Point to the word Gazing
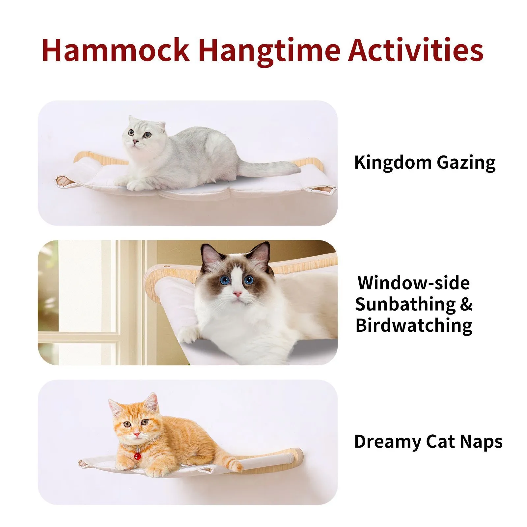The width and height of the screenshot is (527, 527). click(466, 163)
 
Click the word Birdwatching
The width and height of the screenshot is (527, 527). click(414, 326)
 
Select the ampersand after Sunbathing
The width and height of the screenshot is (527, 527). click(466, 304)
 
